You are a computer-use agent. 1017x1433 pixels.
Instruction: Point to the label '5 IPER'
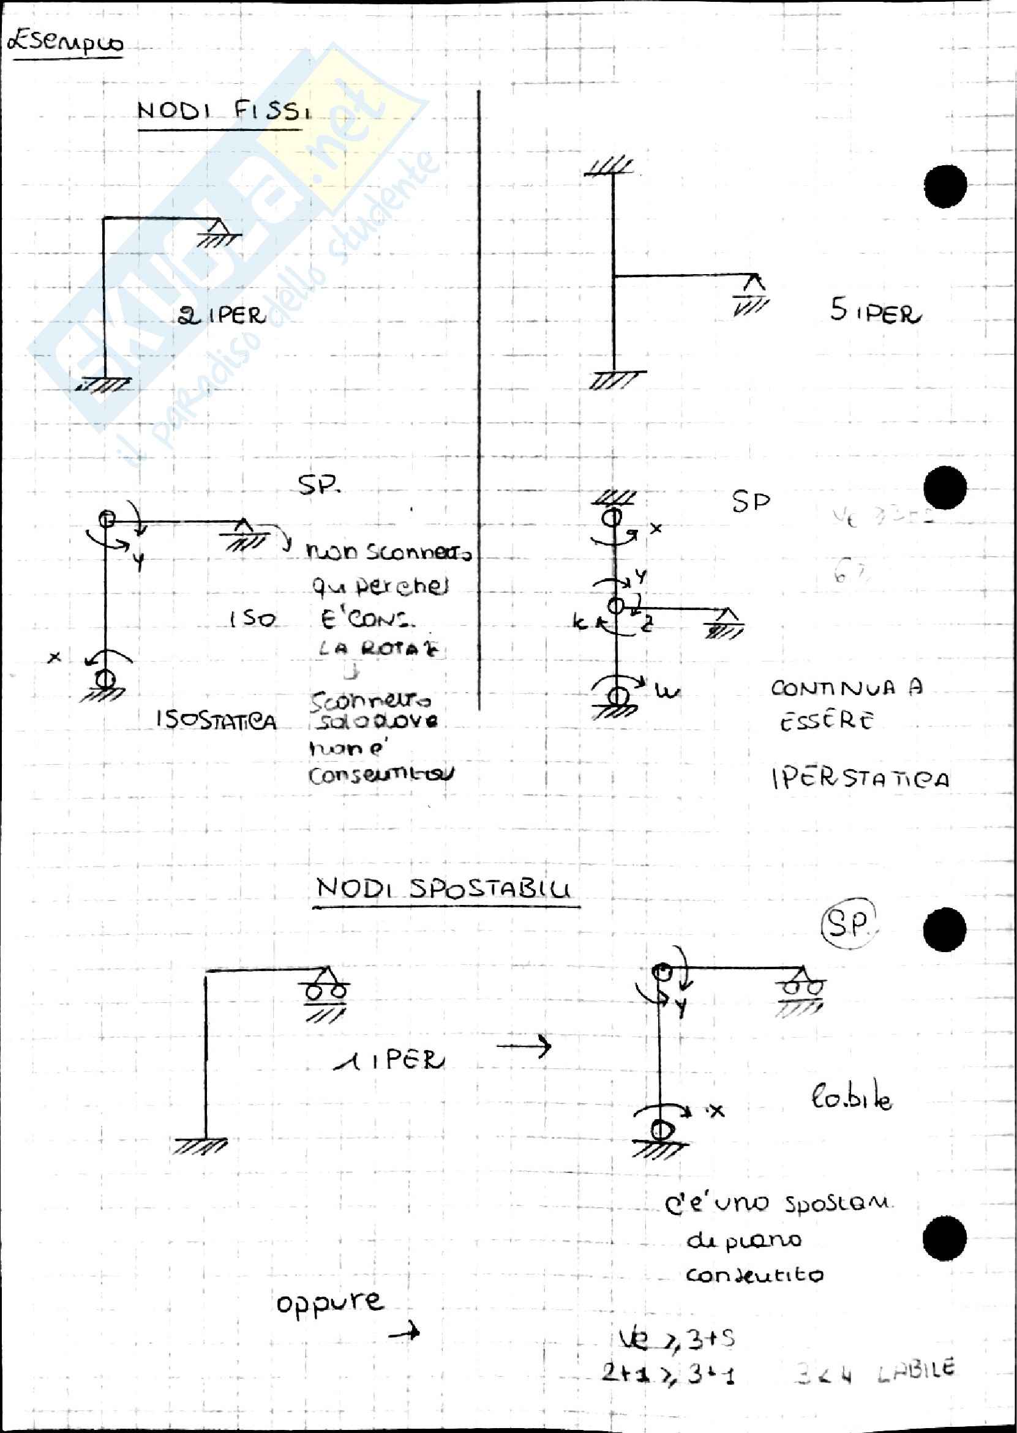[875, 311]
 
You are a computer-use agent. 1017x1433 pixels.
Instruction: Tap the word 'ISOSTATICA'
[216, 721]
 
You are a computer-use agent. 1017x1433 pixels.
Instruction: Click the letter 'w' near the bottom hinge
[668, 691]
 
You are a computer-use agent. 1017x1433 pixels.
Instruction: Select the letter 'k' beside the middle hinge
[579, 622]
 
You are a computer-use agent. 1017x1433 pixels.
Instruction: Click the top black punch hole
[945, 186]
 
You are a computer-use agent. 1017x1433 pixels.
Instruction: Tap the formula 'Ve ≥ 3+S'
[677, 1339]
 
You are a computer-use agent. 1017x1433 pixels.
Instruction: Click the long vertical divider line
[479, 401]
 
